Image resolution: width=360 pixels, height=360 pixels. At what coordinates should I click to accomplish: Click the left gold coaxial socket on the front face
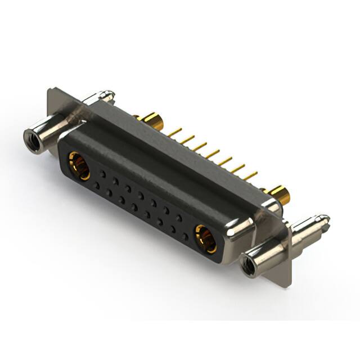click(79, 165)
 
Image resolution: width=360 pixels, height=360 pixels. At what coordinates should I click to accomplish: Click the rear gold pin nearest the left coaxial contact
click(175, 132)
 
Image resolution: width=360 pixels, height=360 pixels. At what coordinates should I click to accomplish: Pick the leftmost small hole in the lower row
click(96, 184)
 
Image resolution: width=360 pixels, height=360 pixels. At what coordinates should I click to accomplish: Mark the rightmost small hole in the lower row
click(185, 237)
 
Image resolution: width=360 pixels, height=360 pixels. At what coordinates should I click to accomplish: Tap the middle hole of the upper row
click(141, 195)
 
